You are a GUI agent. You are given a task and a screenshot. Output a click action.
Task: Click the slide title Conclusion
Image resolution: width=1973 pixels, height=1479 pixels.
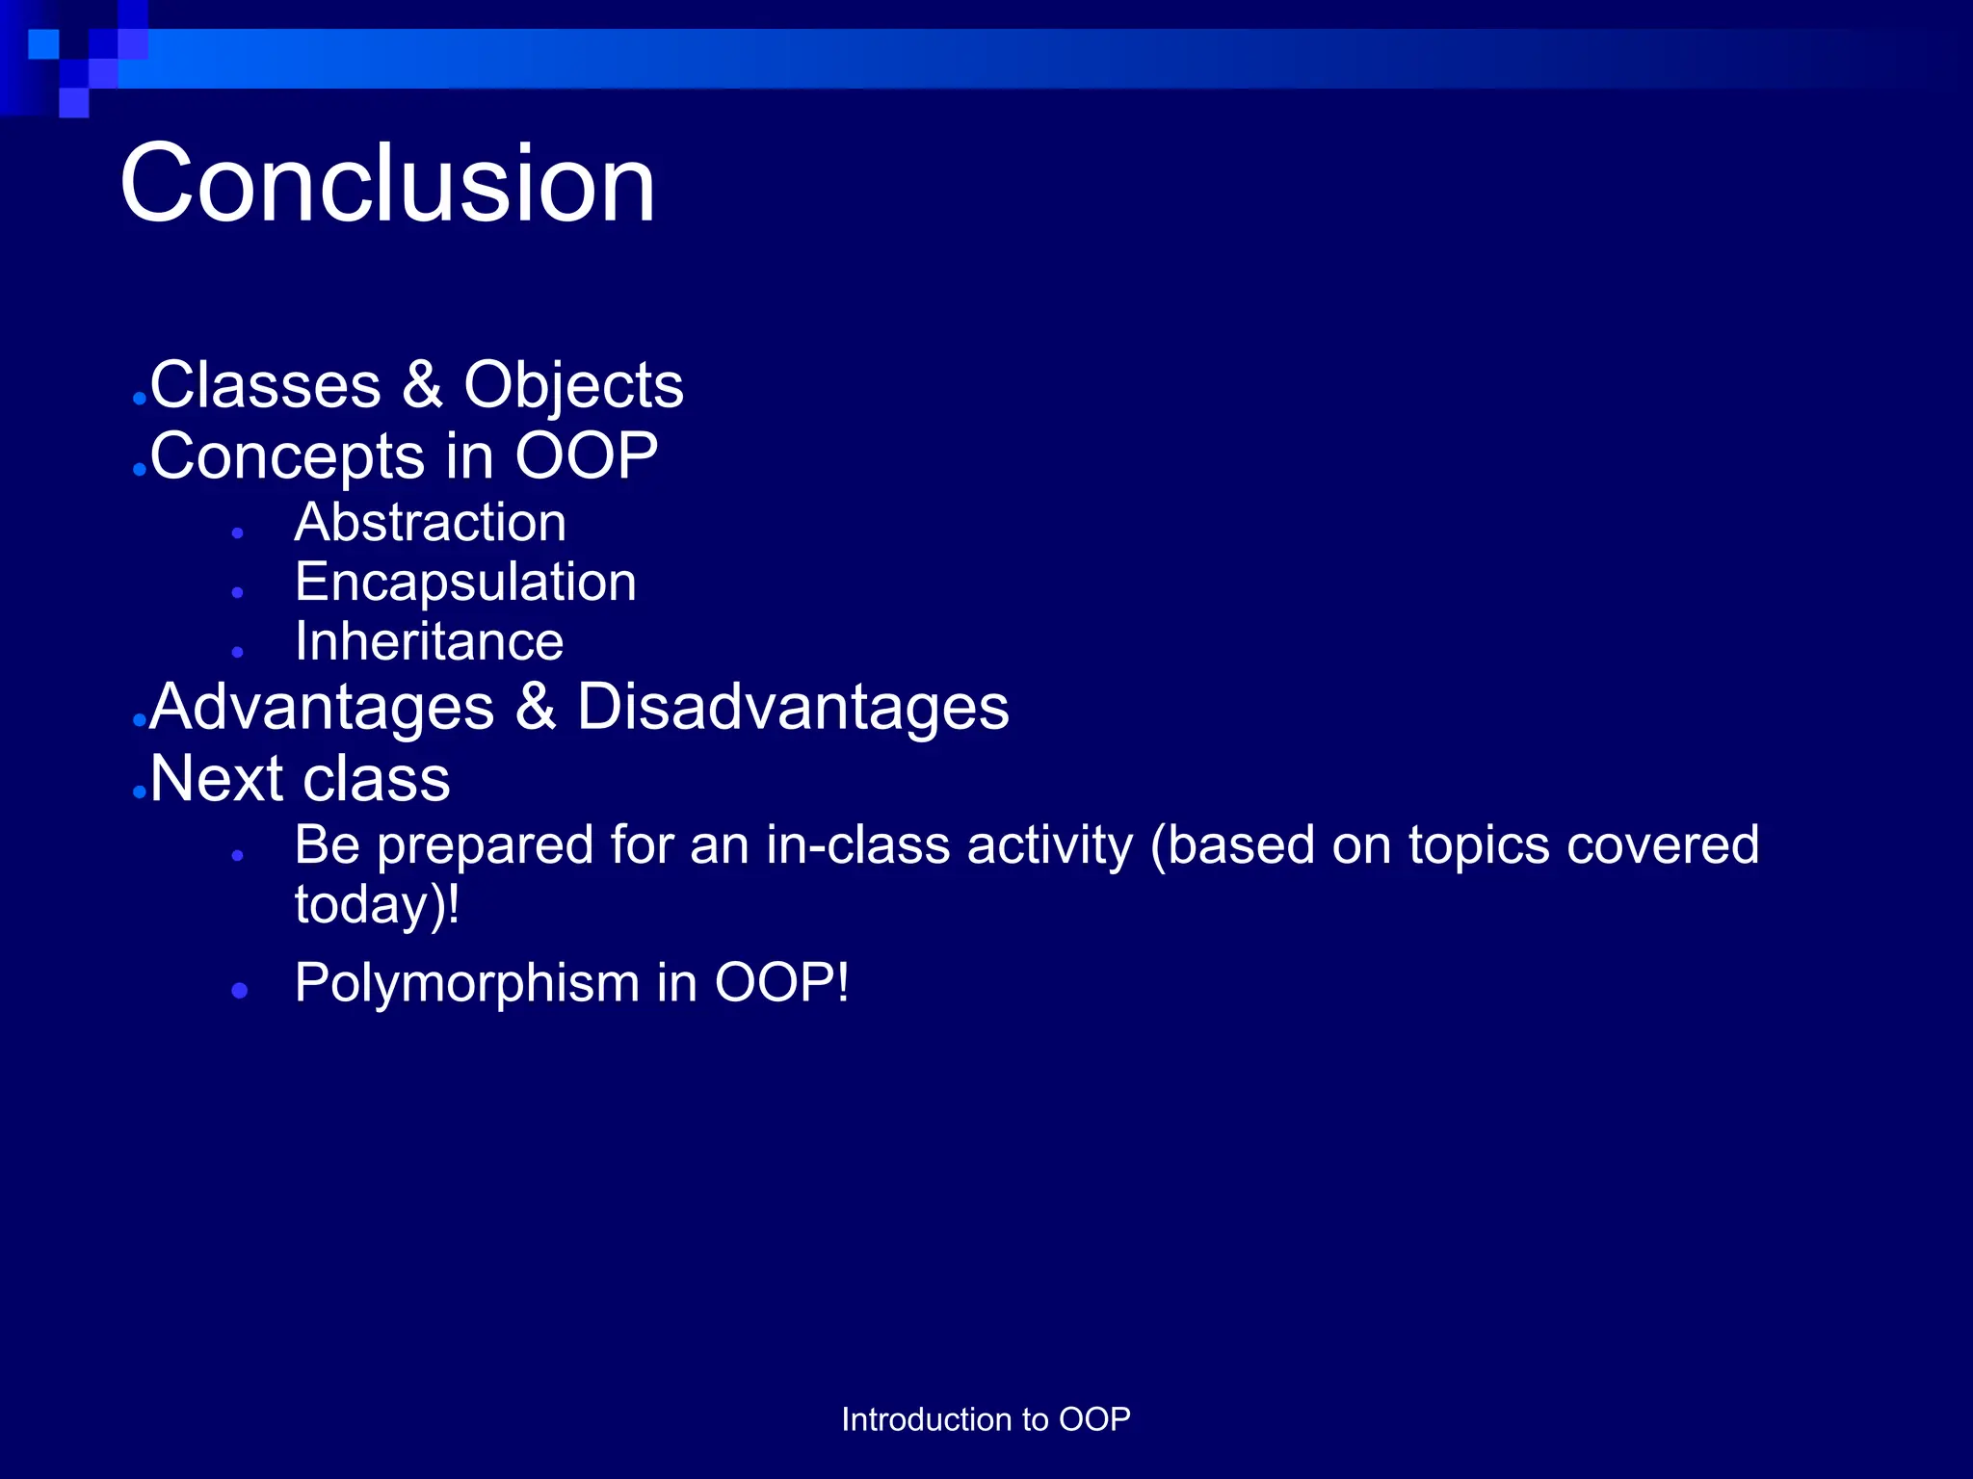coord(387,183)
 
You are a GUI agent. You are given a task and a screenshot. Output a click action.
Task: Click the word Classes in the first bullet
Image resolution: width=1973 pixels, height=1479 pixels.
coord(266,385)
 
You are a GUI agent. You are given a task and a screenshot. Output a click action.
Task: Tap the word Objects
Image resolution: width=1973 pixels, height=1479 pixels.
coord(573,385)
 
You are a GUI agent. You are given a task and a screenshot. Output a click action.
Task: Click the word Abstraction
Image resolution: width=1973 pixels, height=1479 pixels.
coord(430,523)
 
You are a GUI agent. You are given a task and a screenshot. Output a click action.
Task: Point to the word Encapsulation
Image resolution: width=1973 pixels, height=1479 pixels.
coord(465,583)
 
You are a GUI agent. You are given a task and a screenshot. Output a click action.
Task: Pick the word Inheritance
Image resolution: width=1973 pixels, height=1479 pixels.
coord(429,642)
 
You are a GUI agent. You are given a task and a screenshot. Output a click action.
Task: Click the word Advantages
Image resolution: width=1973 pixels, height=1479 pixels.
coord(322,707)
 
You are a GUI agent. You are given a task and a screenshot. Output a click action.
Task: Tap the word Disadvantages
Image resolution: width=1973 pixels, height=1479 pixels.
coord(792,707)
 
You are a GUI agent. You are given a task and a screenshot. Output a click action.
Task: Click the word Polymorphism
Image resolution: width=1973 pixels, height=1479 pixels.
coord(467,983)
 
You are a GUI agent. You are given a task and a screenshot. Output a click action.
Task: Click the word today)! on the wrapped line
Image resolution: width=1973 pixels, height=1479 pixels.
coord(377,905)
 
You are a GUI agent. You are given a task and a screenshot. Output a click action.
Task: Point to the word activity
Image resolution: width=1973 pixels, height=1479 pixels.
coord(1050,845)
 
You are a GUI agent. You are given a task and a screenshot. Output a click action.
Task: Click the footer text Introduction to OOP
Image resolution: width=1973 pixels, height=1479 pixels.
coord(986,1419)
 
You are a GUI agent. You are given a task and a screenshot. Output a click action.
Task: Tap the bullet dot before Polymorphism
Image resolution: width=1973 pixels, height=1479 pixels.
coord(240,990)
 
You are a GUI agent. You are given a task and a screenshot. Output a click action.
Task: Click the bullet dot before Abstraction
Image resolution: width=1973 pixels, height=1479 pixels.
coord(238,532)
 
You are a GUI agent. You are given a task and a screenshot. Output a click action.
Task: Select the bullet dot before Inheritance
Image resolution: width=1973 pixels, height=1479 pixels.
coord(238,652)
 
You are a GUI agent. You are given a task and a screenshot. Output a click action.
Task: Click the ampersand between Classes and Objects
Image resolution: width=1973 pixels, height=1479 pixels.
coord(422,385)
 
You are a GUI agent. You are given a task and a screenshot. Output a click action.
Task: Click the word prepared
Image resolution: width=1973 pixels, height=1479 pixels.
coord(485,845)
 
